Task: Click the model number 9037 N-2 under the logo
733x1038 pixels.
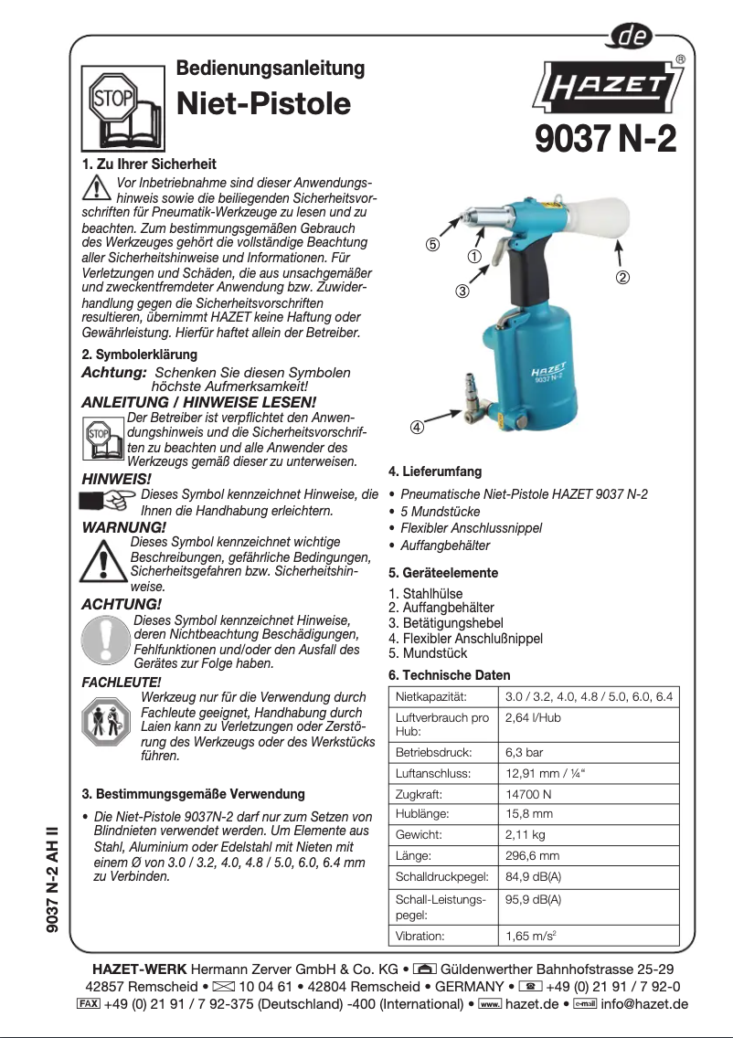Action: [x=605, y=140]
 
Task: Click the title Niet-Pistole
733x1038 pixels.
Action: [x=263, y=103]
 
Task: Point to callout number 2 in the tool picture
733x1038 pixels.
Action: [x=621, y=277]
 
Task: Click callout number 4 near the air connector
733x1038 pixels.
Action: [x=416, y=427]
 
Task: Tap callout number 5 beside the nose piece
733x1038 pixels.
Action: [x=432, y=245]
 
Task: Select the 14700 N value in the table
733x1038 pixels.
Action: [x=528, y=795]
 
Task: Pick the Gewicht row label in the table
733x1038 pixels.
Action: [x=419, y=835]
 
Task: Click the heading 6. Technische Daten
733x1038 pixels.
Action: [x=450, y=675]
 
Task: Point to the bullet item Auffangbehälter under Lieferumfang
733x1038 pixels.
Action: [x=444, y=545]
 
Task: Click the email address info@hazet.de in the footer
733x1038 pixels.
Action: [x=644, y=1004]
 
